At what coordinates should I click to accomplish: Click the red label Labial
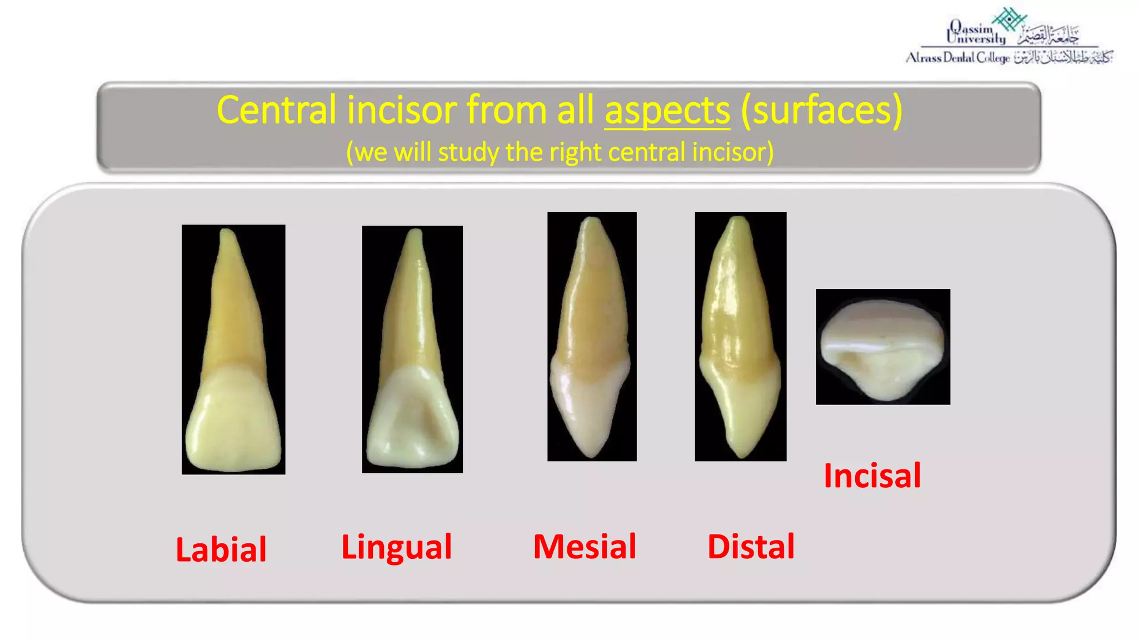(x=221, y=549)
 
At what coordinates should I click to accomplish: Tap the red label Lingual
(x=397, y=547)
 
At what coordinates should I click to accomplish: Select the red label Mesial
(x=585, y=547)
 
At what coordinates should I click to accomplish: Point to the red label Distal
(x=751, y=547)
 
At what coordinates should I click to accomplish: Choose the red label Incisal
(x=872, y=476)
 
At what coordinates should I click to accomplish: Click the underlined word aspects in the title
(x=667, y=111)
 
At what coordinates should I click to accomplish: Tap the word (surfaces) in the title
(x=821, y=111)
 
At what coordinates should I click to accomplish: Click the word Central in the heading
(x=277, y=111)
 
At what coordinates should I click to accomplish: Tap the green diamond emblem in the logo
(x=1009, y=19)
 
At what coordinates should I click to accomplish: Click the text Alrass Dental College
(x=957, y=58)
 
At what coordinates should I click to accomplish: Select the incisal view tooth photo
(x=882, y=347)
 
